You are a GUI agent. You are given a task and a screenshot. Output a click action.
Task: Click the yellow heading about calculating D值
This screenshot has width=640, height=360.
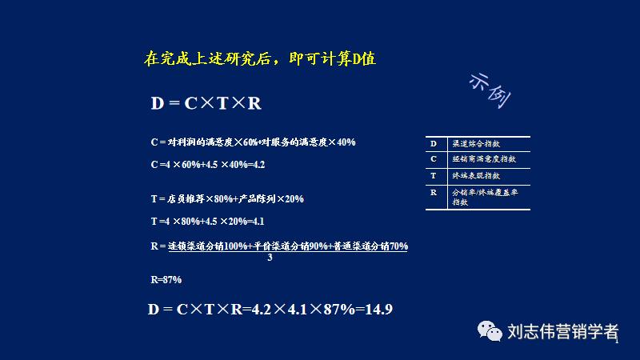(x=259, y=58)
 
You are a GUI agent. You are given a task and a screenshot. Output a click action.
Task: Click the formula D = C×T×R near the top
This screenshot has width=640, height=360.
(x=206, y=104)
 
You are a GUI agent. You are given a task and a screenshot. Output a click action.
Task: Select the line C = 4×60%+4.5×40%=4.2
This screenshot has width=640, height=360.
(x=207, y=164)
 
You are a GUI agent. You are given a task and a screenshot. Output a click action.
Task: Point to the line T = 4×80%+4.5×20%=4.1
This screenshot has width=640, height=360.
(x=207, y=221)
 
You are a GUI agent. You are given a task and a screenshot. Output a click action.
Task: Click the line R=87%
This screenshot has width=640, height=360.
(x=166, y=279)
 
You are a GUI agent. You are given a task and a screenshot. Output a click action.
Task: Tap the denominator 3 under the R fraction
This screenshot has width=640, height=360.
(x=270, y=258)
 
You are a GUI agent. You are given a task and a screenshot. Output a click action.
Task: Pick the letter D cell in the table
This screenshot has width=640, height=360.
(x=434, y=143)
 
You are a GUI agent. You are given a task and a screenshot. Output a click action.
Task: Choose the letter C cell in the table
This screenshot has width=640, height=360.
(x=434, y=159)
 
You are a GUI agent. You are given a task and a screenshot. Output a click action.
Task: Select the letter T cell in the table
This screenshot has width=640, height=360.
(x=434, y=175)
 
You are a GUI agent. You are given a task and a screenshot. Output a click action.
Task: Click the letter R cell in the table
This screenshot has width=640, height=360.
(x=434, y=193)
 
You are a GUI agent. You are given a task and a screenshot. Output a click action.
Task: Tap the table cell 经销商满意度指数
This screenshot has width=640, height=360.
(x=483, y=159)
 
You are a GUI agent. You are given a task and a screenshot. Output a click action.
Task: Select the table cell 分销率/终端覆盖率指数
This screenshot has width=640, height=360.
(x=485, y=197)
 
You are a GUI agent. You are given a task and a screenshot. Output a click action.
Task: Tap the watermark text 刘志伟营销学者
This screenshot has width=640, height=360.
(x=563, y=331)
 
